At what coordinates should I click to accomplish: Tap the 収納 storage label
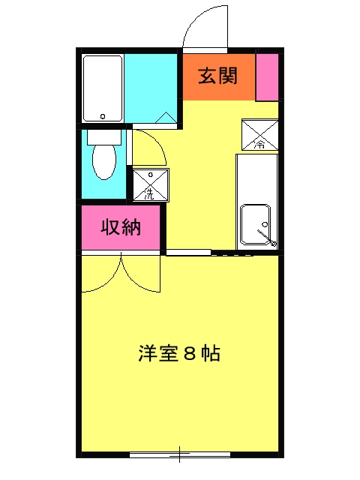click(121, 228)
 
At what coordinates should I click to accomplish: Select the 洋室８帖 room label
click(178, 353)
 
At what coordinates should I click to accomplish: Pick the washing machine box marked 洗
click(151, 184)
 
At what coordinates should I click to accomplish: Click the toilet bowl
click(103, 161)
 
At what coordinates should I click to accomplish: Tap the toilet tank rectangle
click(103, 137)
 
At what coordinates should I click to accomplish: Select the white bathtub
click(103, 88)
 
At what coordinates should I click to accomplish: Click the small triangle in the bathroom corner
click(167, 116)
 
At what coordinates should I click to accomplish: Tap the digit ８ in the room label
click(189, 354)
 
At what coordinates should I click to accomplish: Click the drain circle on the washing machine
click(150, 175)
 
